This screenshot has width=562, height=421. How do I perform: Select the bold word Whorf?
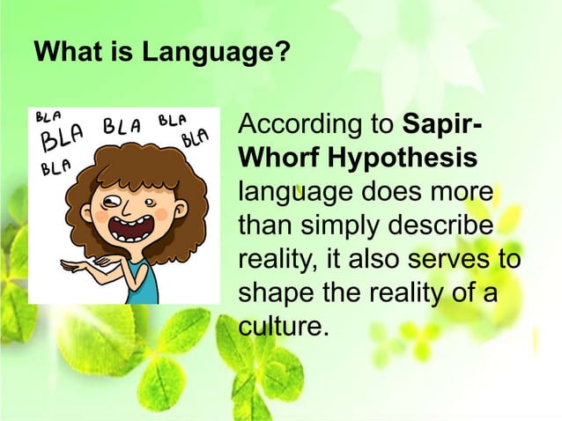tap(278, 160)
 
